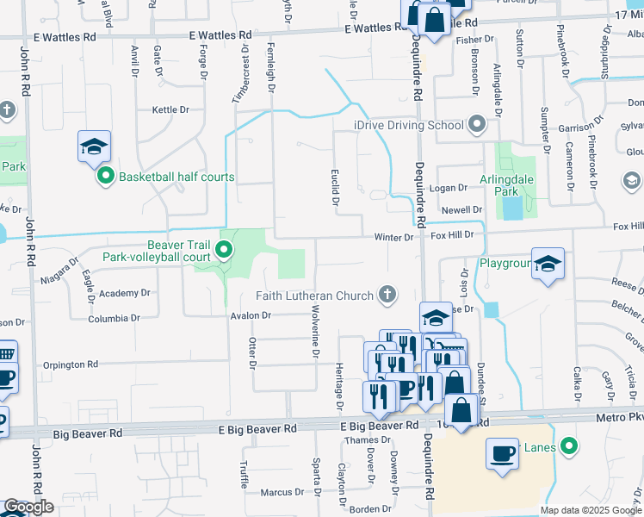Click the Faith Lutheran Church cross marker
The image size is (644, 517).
387,296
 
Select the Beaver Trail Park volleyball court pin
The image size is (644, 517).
224,251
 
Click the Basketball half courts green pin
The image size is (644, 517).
106,177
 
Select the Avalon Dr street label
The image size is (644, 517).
251,315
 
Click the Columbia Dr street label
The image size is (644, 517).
114,318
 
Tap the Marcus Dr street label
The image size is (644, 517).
277,493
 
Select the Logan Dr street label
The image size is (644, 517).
448,188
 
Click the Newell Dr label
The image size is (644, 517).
461,209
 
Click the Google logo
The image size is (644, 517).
28,507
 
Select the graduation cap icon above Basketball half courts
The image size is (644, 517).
95,146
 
